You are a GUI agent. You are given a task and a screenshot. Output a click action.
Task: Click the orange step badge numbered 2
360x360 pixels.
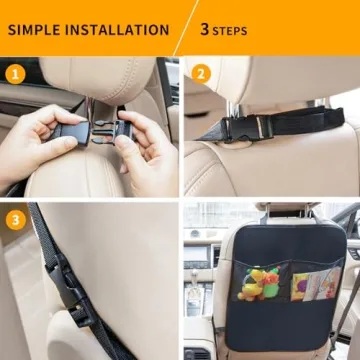[x=200, y=74]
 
